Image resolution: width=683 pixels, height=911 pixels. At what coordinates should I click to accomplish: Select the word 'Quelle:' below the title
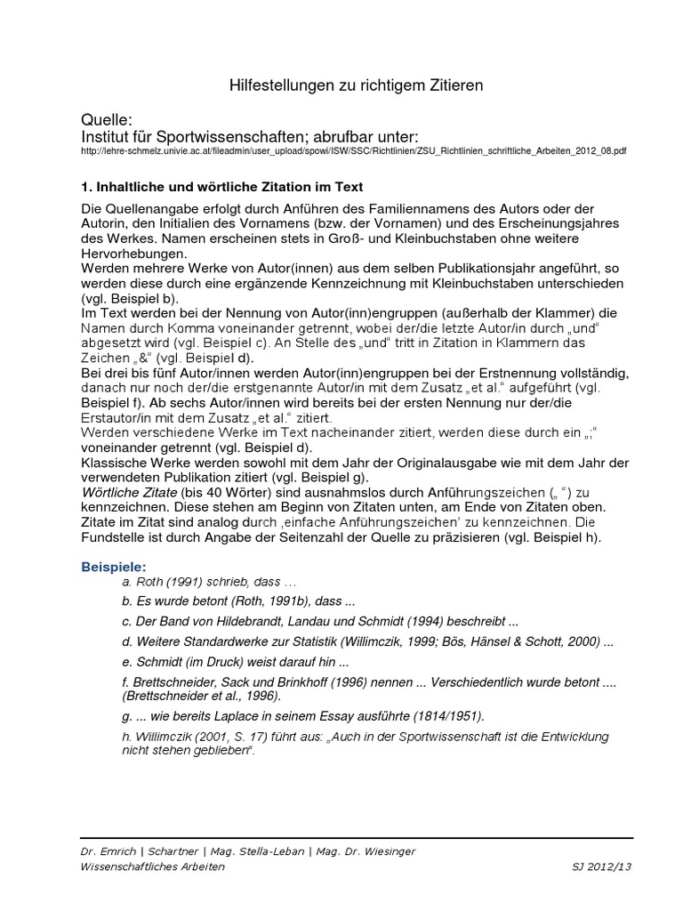[x=106, y=120]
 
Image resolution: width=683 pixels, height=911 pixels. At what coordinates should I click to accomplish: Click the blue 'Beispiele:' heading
[x=114, y=566]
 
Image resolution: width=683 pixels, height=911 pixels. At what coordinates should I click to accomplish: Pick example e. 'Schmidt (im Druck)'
[x=237, y=662]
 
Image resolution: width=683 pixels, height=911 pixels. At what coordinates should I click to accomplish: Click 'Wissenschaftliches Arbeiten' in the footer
[x=152, y=867]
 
